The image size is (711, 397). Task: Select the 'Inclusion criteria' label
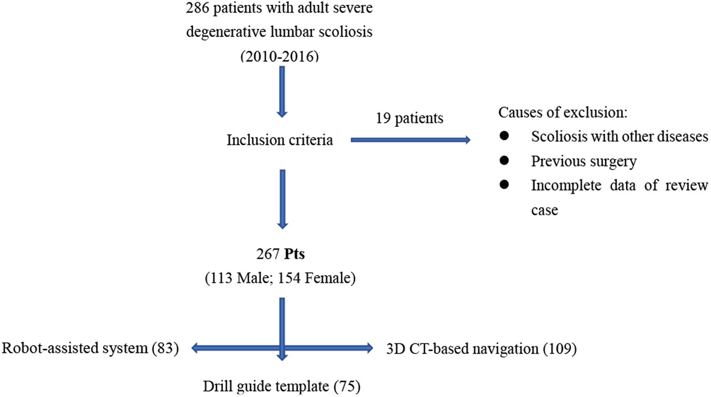(280, 140)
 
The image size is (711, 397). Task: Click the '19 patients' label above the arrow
(409, 119)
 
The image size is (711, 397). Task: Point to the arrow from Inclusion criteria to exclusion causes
(410, 140)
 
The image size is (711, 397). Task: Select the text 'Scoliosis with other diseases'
(619, 137)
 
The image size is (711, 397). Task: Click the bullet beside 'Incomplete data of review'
(504, 185)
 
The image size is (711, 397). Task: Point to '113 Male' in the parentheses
(240, 279)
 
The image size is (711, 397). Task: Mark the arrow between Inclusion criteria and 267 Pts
(282, 198)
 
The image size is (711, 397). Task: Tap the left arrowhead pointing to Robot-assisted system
(195, 348)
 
